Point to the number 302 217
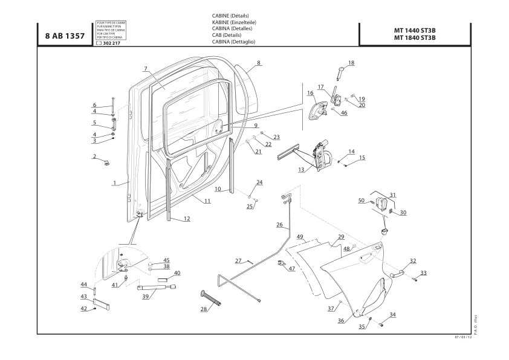click(111, 43)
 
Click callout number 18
click(351, 63)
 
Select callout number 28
click(204, 309)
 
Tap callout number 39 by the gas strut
click(145, 297)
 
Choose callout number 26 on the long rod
click(279, 225)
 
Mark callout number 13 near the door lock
click(300, 170)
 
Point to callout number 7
click(146, 68)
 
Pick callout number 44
click(85, 284)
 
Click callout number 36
click(341, 321)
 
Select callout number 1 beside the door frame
click(114, 182)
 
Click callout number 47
click(292, 268)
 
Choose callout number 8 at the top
click(259, 62)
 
